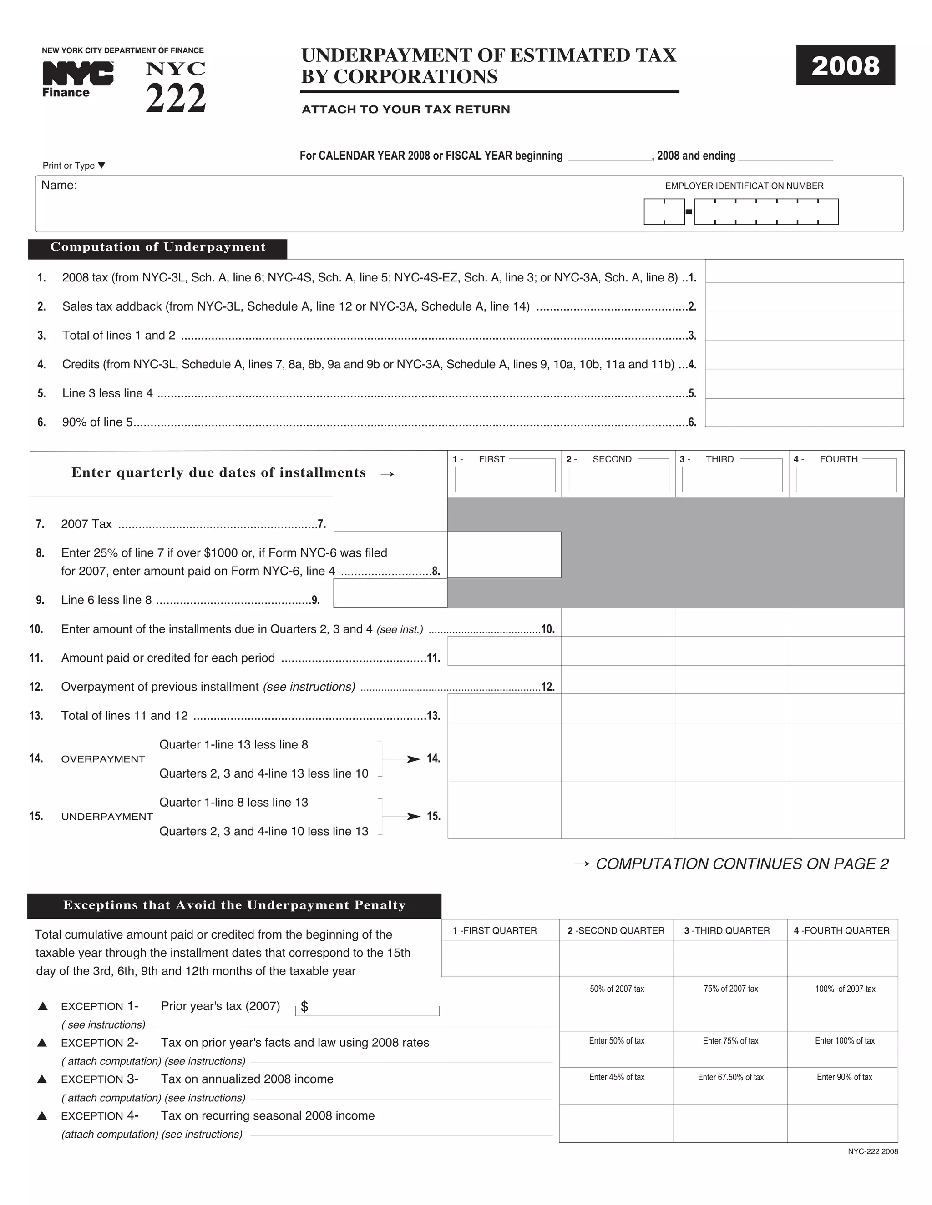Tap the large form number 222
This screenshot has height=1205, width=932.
pyautogui.click(x=176, y=99)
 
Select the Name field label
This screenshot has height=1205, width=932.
pyautogui.click(x=59, y=186)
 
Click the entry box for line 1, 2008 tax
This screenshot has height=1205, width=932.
pyautogui.click(x=804, y=271)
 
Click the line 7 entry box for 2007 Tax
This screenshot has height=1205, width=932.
pyautogui.click(x=390, y=514)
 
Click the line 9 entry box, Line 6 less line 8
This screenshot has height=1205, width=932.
pyautogui.click(x=390, y=593)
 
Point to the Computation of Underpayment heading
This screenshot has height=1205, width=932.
pyautogui.click(x=158, y=247)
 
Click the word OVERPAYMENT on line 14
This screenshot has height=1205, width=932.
pyautogui.click(x=103, y=759)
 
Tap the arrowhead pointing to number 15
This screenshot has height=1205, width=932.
pyautogui.click(x=413, y=817)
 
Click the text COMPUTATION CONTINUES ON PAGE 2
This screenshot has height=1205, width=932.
pyautogui.click(x=741, y=864)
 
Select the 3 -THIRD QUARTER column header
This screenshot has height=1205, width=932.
pyautogui.click(x=727, y=931)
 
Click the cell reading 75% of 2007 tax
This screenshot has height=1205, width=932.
pyautogui.click(x=730, y=989)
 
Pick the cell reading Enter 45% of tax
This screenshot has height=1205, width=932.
pyautogui.click(x=616, y=1078)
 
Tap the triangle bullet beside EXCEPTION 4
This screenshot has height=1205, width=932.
pyautogui.click(x=42, y=1115)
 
